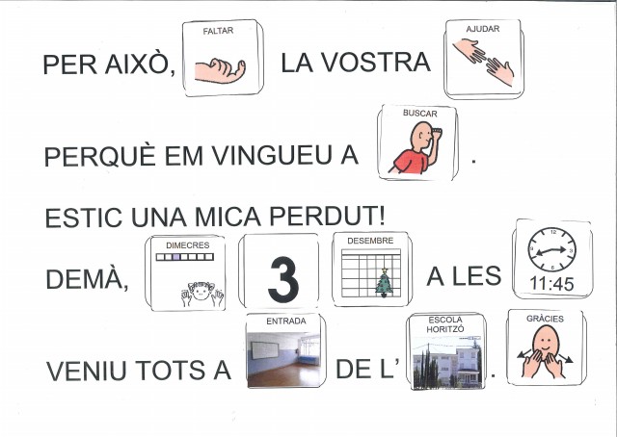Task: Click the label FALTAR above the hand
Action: coord(218,31)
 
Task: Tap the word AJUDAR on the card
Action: coord(483,29)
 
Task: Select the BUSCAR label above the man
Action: coord(420,114)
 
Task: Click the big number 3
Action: coord(283,279)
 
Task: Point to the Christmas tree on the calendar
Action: coord(384,282)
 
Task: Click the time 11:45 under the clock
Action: coord(551,283)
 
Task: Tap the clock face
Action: coord(552,249)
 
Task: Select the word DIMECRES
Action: coord(187,245)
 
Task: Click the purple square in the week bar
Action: coord(176,257)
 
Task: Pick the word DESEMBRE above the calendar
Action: coord(370,241)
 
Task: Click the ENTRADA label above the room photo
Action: coord(286,321)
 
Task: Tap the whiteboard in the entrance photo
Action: coord(265,350)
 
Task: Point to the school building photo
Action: coord(446,362)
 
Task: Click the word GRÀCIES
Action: coord(545,319)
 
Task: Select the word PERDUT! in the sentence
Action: coord(327,217)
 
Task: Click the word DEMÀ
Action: coord(87,279)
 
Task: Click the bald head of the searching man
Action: coord(421,135)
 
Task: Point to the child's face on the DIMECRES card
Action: coord(201,292)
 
